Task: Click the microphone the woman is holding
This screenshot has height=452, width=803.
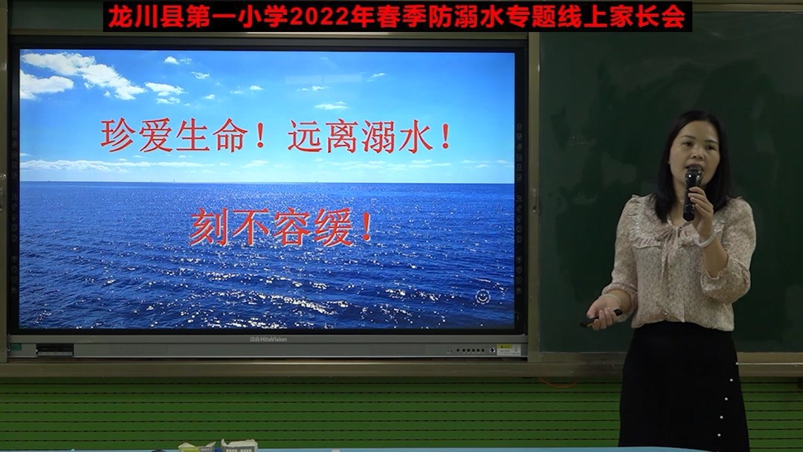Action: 692,193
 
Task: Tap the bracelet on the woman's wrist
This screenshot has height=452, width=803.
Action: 707,239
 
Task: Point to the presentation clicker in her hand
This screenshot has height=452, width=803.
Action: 602,317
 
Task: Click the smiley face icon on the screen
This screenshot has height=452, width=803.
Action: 483,297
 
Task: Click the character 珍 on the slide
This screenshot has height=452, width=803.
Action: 117,135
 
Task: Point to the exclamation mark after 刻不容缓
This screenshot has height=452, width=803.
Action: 366,226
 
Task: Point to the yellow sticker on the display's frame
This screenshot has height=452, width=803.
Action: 509,349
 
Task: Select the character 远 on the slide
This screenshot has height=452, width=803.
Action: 306,136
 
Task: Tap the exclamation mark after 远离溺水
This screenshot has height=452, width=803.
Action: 445,136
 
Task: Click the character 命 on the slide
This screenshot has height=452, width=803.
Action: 231,136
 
